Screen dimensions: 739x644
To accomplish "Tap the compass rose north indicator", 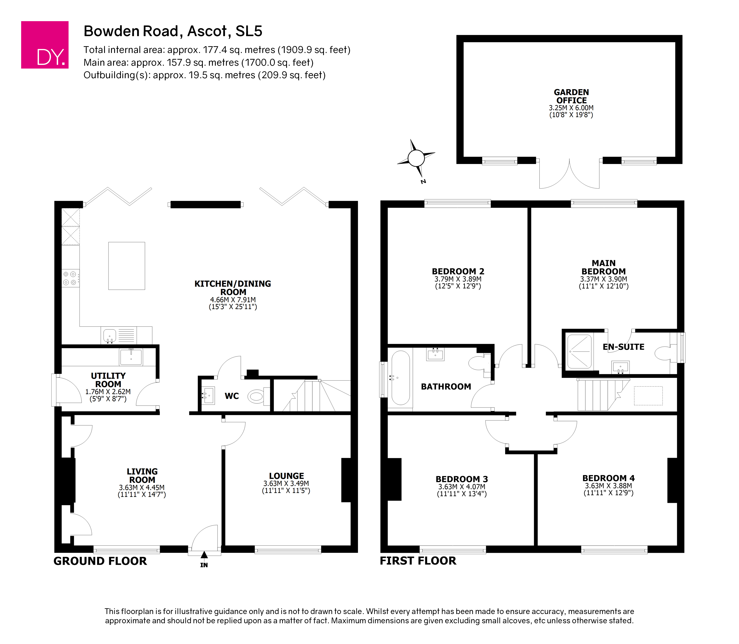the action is (x=416, y=158).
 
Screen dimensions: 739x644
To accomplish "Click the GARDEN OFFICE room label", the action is (x=571, y=96).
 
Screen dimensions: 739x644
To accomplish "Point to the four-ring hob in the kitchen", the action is (x=70, y=278).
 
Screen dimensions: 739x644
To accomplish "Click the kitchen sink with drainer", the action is (x=119, y=335).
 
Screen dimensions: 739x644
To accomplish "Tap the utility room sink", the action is (x=131, y=357).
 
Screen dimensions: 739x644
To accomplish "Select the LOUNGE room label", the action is (x=286, y=476).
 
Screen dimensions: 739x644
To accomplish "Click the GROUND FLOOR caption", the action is (x=100, y=561).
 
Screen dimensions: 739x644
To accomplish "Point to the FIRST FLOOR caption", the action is (x=418, y=561).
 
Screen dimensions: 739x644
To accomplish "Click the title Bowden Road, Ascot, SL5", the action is (x=173, y=31).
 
